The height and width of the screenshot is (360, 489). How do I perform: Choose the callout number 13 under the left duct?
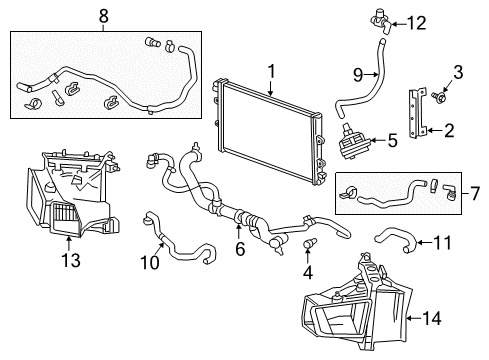click(67, 260)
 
